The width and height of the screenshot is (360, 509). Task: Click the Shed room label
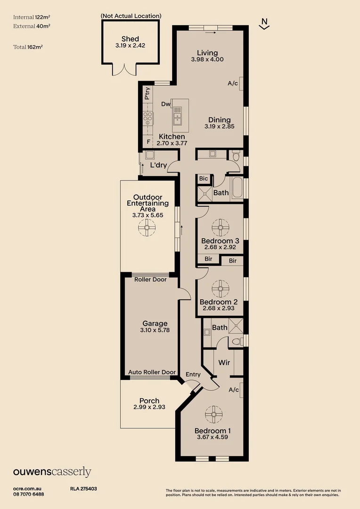coord(130,39)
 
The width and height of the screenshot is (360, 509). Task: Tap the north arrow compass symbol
coord(264,24)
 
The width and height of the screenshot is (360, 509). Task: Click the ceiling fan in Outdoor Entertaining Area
coord(147,229)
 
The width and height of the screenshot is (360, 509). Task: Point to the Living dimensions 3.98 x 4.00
coord(207,59)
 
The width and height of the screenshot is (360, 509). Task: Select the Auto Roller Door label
coord(152,372)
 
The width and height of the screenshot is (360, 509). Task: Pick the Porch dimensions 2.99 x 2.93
coord(149,407)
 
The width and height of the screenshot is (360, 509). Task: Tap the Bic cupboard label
coord(204,179)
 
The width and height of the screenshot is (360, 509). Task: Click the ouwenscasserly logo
coord(52,472)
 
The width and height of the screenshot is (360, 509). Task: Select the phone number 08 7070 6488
coord(29,494)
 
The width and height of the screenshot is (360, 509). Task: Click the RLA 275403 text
coord(83,489)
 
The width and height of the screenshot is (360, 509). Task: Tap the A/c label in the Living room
coord(233,83)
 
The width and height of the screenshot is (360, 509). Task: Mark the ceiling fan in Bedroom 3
coord(220,228)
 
